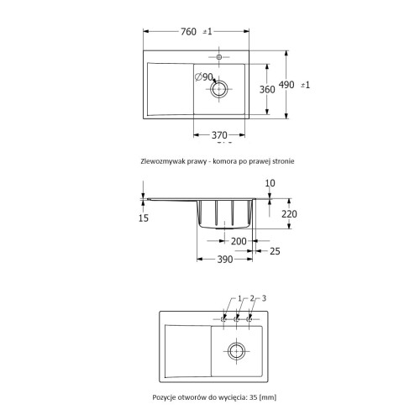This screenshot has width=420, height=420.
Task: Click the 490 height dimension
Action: pos(287,85)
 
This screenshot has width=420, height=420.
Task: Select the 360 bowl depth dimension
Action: pos(266,89)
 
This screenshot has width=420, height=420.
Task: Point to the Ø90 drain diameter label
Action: pos(204,77)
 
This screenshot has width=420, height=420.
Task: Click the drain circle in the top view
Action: pos(220,89)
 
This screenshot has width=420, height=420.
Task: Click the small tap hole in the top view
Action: pos(220,57)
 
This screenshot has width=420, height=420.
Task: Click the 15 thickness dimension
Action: pos(143,218)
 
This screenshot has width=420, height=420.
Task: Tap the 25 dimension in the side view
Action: pos(275,250)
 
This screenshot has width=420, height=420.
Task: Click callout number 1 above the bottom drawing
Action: pos(239,299)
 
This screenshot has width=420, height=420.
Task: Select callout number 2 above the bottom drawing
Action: pos(251,299)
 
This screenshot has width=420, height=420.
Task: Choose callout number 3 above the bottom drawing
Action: pos(264,299)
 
